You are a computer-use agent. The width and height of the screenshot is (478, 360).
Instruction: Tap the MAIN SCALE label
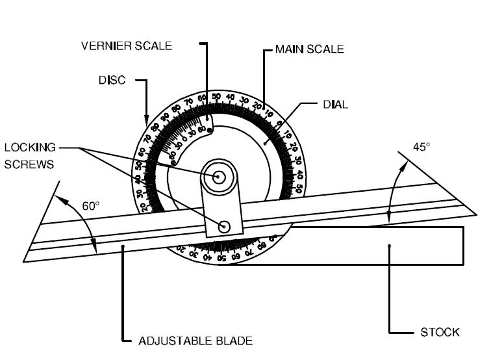(309, 49)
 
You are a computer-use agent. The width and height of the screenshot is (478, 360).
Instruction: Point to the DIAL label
(335, 104)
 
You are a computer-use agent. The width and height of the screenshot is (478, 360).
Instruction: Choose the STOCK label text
(440, 332)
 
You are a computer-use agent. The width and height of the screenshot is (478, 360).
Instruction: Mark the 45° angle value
(421, 148)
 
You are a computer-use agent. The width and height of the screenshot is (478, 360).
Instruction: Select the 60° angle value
(90, 206)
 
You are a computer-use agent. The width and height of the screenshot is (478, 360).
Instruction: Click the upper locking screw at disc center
(218, 176)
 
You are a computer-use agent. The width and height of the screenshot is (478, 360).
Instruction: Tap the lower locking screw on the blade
(225, 226)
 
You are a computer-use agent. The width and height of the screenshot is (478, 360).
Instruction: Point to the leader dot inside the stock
(389, 246)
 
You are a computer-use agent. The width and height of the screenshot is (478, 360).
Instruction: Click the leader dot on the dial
(265, 142)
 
